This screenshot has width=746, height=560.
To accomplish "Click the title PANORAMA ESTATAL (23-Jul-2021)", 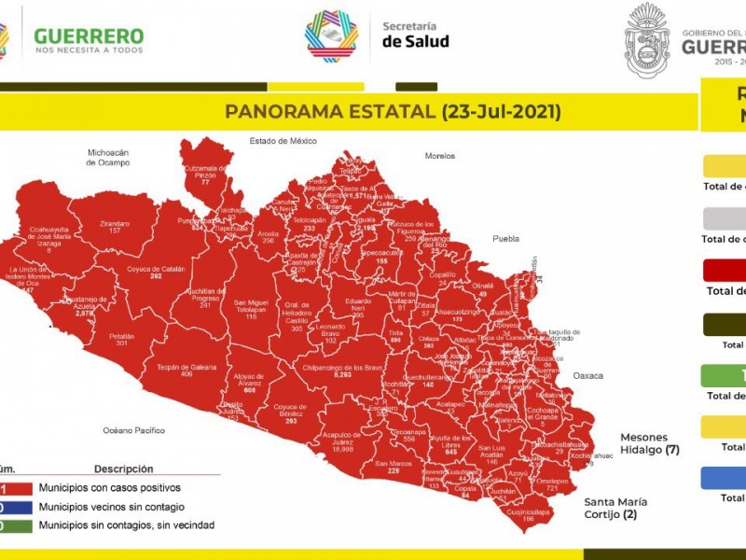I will [x=393, y=112].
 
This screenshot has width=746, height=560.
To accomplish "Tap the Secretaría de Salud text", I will [x=415, y=34].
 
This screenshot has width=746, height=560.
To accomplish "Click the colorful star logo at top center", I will [x=332, y=35].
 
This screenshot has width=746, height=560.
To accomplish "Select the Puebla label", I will [x=505, y=238].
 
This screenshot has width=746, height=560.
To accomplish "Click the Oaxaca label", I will [x=588, y=375].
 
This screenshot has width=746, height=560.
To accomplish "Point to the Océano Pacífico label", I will [x=134, y=430].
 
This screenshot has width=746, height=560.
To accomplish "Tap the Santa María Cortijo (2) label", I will [x=616, y=508].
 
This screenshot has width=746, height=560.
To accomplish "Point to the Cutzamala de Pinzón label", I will [x=205, y=171].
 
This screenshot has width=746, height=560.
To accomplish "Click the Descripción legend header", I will [x=123, y=469].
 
